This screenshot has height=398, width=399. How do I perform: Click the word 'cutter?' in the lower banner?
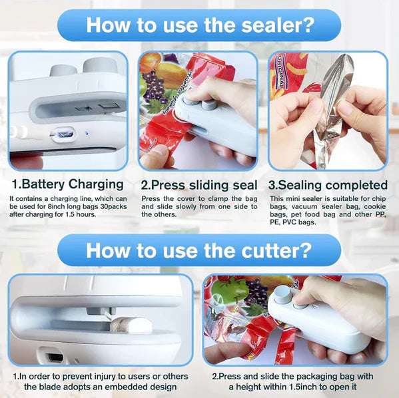(276, 250)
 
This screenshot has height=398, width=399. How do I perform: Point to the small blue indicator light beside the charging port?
(87, 133)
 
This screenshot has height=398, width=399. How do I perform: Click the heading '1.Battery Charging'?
(68, 184)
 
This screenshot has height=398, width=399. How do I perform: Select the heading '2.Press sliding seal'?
(199, 185)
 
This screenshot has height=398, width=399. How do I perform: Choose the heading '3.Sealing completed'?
(328, 185)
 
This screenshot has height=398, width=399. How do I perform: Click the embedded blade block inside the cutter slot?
(131, 325)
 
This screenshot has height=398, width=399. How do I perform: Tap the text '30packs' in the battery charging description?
(113, 206)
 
